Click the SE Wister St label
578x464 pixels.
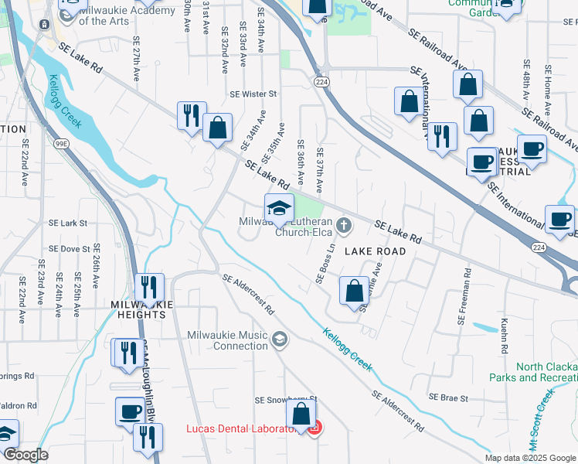click(x=253, y=94)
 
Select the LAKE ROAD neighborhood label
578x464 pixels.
click(x=375, y=251)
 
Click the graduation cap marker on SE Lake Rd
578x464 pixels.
click(x=279, y=208)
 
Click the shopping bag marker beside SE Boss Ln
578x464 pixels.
click(x=354, y=292)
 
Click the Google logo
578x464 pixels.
click(x=25, y=455)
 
